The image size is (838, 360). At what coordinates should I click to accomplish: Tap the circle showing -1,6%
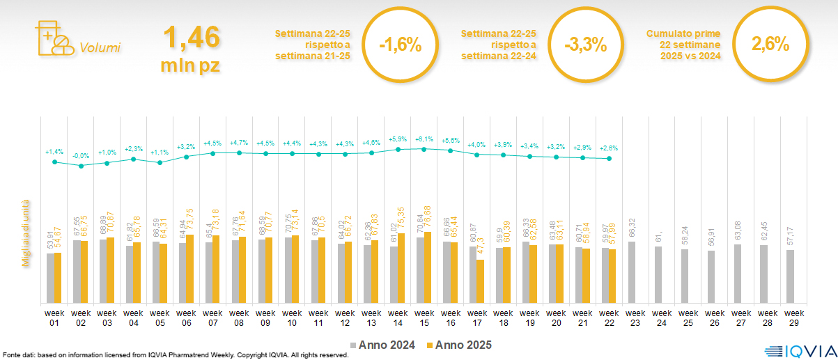(401, 46)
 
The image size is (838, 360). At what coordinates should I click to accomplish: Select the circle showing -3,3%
(586, 46)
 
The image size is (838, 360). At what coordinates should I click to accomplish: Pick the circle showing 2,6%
(770, 45)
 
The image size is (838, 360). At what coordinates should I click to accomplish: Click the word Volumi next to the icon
(100, 48)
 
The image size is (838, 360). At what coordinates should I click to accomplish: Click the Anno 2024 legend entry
(385, 345)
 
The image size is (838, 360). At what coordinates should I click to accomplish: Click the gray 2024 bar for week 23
(632, 272)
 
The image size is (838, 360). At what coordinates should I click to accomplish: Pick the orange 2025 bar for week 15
(426, 267)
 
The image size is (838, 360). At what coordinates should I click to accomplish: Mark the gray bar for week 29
(790, 276)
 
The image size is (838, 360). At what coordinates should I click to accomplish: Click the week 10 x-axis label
(292, 318)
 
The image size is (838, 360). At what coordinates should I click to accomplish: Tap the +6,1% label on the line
(424, 139)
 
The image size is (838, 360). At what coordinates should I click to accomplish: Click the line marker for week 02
(81, 166)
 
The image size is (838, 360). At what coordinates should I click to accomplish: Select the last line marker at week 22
(610, 159)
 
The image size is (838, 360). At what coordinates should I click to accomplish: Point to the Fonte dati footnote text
(174, 355)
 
